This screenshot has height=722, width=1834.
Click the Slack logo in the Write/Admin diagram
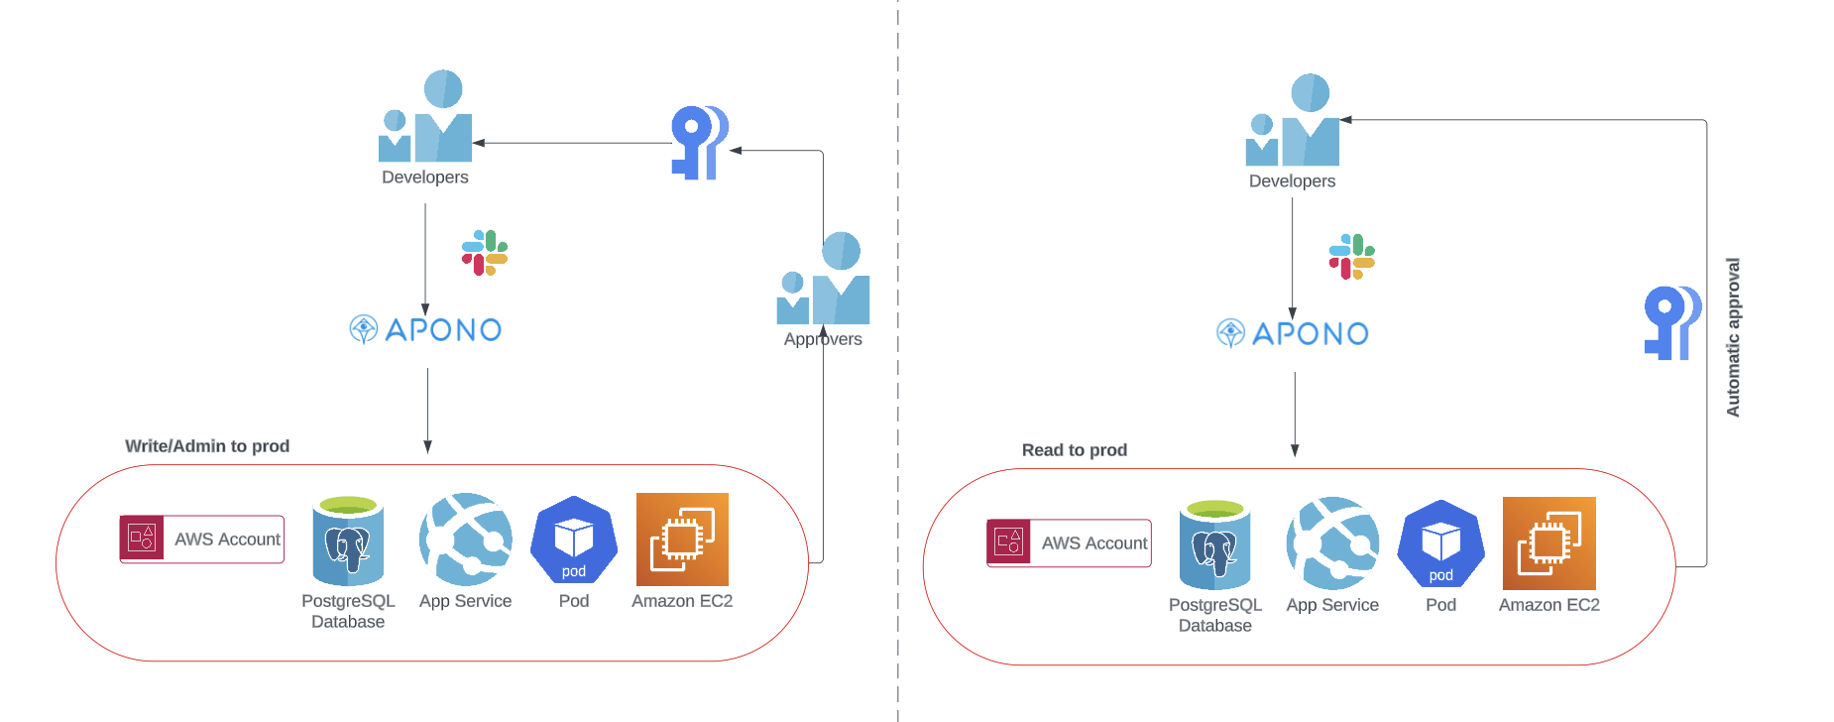pyautogui.click(x=485, y=253)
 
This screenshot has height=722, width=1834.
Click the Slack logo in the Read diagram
pyautogui.click(x=1351, y=257)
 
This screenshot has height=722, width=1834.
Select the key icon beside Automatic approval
pyautogui.click(x=1672, y=322)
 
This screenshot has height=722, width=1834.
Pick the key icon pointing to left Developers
pyautogui.click(x=700, y=143)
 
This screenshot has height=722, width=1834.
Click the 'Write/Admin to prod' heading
pyautogui.click(x=207, y=446)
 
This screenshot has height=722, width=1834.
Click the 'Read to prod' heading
pyautogui.click(x=1075, y=450)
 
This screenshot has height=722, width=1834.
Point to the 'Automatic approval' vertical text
pyautogui.click(x=1733, y=337)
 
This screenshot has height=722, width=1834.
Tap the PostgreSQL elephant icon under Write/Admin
pyautogui.click(x=348, y=541)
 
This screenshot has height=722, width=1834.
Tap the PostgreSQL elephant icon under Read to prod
pyautogui.click(x=1215, y=545)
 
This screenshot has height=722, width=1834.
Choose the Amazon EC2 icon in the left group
pyautogui.click(x=682, y=540)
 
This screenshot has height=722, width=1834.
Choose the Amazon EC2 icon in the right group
pyautogui.click(x=1549, y=543)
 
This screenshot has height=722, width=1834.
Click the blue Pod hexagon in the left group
pyautogui.click(x=574, y=541)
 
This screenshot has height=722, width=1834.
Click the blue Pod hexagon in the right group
pyautogui.click(x=1441, y=544)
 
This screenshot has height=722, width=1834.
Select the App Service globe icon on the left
pyautogui.click(x=466, y=540)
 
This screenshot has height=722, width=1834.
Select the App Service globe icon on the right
pyautogui.click(x=1332, y=543)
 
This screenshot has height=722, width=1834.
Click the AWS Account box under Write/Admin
pyautogui.click(x=202, y=540)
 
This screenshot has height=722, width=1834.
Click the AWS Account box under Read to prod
pyautogui.click(x=1069, y=543)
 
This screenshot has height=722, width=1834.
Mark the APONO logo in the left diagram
pyautogui.click(x=426, y=329)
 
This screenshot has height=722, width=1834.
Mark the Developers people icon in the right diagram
pyautogui.click(x=1293, y=121)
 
